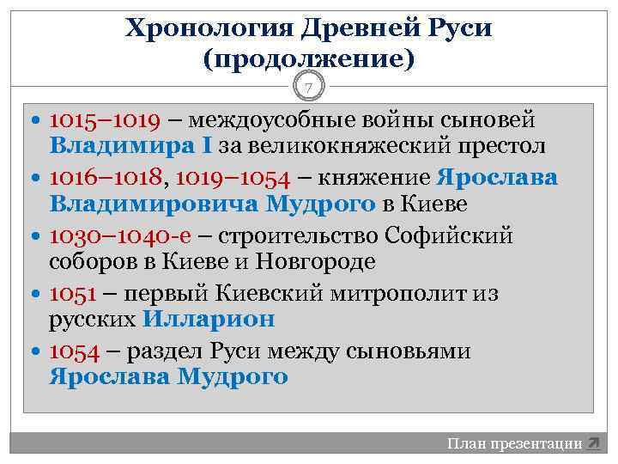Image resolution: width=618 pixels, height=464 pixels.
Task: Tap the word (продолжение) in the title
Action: click(309, 59)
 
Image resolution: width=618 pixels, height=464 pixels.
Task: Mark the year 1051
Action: click(72, 293)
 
